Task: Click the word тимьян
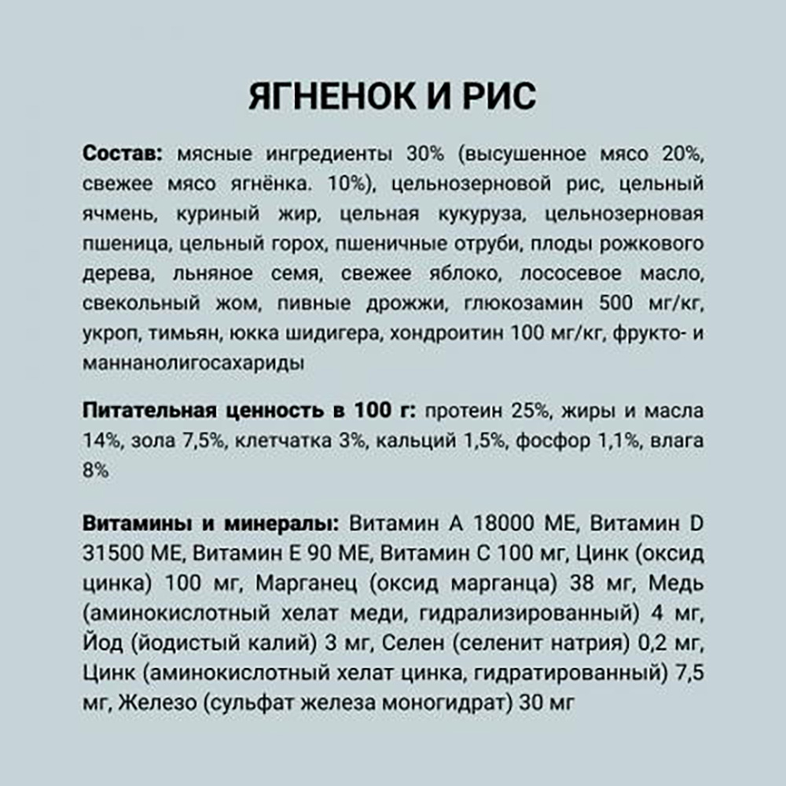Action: coord(182,333)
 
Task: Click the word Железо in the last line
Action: coord(157,703)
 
